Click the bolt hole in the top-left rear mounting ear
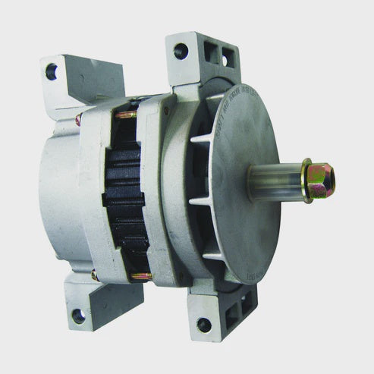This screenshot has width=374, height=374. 52,73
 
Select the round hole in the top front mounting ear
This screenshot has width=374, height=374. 181,52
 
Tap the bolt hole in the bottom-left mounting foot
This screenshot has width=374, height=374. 77,315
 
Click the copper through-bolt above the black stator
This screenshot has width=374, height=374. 127,115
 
